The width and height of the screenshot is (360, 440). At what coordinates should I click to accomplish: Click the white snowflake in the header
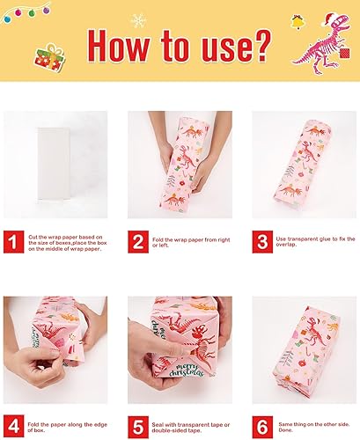[x=137, y=19]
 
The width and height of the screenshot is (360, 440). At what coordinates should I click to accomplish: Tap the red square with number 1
[x=13, y=241]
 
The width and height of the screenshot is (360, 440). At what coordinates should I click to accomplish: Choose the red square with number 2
[x=139, y=241]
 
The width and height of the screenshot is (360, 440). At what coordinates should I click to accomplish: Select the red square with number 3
[x=261, y=241]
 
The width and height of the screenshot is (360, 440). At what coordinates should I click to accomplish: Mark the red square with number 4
[x=13, y=427]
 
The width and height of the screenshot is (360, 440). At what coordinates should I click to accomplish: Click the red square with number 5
[x=139, y=427]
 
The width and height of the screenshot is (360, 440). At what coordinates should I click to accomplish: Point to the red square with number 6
[x=261, y=427]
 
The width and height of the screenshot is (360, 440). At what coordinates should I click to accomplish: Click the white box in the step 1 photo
[x=54, y=165]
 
